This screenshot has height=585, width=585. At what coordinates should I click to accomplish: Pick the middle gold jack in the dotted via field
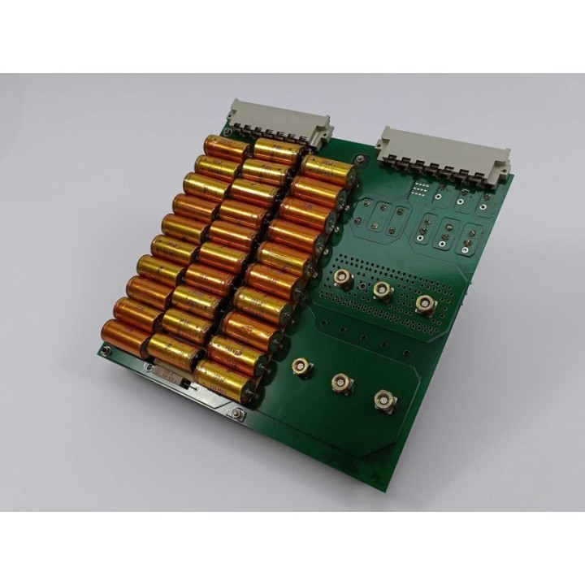pos(383,289)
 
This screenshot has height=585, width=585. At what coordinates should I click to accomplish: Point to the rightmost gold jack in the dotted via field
pos(425,305)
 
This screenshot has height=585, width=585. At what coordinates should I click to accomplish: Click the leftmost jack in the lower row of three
pos(302,368)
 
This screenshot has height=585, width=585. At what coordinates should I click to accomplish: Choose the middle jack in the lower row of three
pos(342,383)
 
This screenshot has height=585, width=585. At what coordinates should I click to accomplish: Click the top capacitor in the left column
pos(225,149)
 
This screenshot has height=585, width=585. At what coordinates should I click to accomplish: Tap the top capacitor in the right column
pos(328,171)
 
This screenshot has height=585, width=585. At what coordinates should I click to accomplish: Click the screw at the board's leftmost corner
pos(103,351)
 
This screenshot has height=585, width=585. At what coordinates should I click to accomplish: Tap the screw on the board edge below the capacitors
pos(236,414)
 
